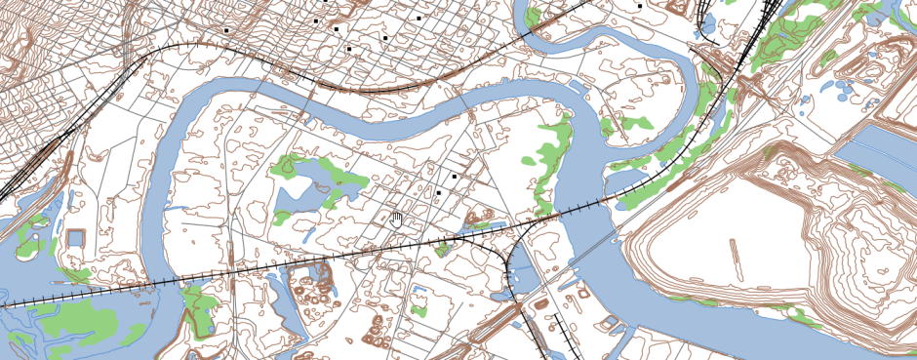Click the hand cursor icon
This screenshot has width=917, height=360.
click(x=396, y=218)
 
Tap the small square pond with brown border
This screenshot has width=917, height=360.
click(x=75, y=239)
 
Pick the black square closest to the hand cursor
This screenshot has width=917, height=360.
click(x=440, y=193)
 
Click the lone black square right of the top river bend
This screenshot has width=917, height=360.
click(x=639, y=5)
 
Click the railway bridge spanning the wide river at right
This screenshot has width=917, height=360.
click(x=585, y=206)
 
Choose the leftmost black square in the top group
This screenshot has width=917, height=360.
click(x=226, y=30)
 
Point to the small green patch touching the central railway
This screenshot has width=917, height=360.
click(x=445, y=248)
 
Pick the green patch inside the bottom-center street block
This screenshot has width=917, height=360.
click(x=419, y=311)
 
